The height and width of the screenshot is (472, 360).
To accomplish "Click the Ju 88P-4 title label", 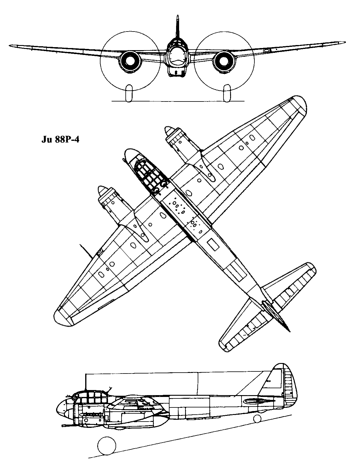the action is click(60, 140).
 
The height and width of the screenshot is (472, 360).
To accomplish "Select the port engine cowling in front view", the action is click(224, 61).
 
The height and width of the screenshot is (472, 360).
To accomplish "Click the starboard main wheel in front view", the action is click(129, 93).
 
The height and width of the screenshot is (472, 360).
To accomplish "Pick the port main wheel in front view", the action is click(227, 93).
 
